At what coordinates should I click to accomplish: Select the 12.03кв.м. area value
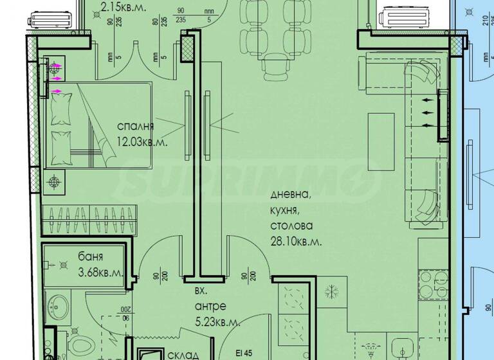pyautogui.click(x=142, y=142)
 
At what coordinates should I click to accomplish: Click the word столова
pyautogui.click(x=291, y=226)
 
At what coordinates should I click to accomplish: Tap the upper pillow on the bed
pyautogui.click(x=63, y=112)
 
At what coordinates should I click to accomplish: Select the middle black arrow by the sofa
pyautogui.click(x=427, y=112)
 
